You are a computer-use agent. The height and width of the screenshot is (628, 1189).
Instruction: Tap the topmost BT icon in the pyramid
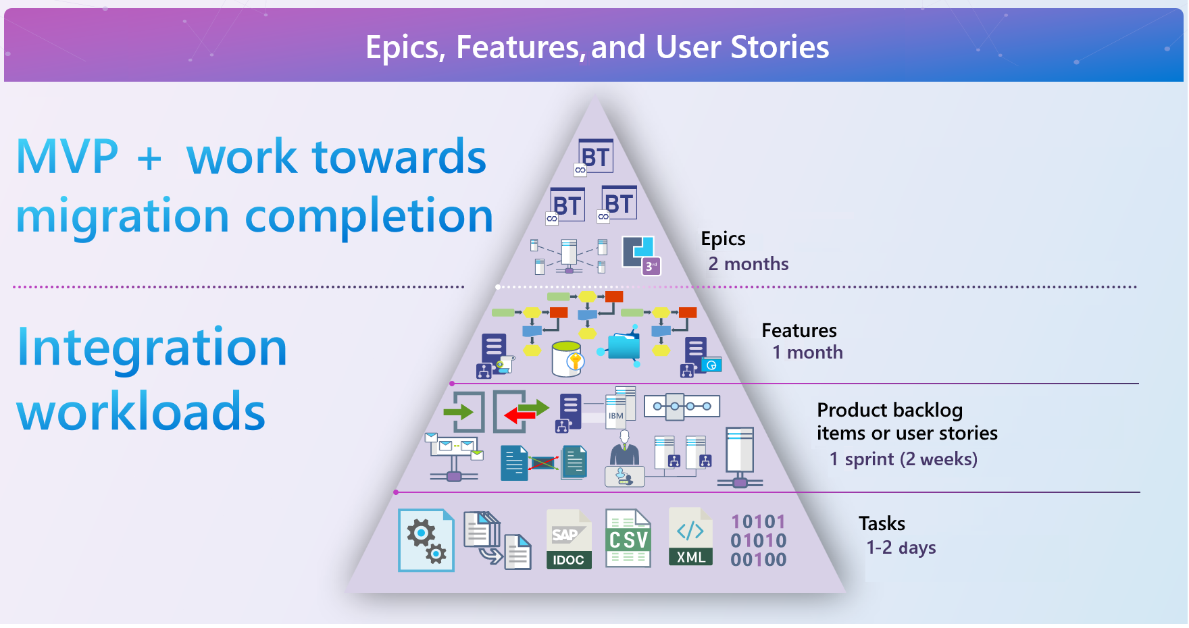[x=594, y=157]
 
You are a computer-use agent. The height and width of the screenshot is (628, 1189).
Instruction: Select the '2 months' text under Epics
[x=748, y=264]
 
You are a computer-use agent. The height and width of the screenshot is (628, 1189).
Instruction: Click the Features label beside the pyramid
[x=799, y=330]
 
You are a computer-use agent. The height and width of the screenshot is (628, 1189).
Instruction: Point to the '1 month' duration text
[x=807, y=352]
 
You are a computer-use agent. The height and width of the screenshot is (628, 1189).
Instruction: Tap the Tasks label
[x=882, y=523]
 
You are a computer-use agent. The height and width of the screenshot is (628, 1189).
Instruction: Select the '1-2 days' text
[x=901, y=548]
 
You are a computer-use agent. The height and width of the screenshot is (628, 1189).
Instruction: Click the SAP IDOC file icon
[x=569, y=540]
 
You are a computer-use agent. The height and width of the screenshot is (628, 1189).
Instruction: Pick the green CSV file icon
[x=628, y=539]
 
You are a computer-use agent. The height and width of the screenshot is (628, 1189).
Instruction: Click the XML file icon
[x=690, y=538]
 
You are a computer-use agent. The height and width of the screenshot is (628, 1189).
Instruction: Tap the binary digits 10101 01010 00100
[x=758, y=541]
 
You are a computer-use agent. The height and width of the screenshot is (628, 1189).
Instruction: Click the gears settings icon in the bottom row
[x=426, y=540]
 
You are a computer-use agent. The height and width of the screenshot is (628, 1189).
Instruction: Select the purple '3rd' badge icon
[x=651, y=266]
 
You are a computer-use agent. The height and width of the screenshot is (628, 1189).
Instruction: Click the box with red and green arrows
[x=520, y=411]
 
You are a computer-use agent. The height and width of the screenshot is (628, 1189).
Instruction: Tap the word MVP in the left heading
[x=67, y=157]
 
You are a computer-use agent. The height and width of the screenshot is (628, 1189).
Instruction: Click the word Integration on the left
[x=152, y=347]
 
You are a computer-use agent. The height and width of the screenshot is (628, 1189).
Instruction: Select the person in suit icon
[x=624, y=448]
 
